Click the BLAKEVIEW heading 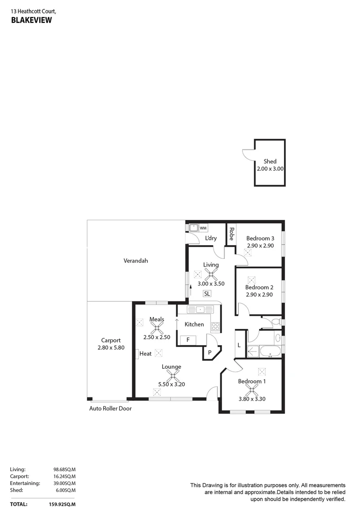click(31, 20)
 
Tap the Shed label click(270, 162)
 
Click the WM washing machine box click(203, 228)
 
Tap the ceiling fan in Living click(211, 274)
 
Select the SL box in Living click(207, 294)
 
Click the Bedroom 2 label click(259, 287)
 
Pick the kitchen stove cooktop click(215, 327)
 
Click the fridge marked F click(188, 340)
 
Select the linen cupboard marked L click(240, 346)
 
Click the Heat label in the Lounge click(146, 354)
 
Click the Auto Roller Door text click(110, 408)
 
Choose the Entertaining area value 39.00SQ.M click(65, 483)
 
